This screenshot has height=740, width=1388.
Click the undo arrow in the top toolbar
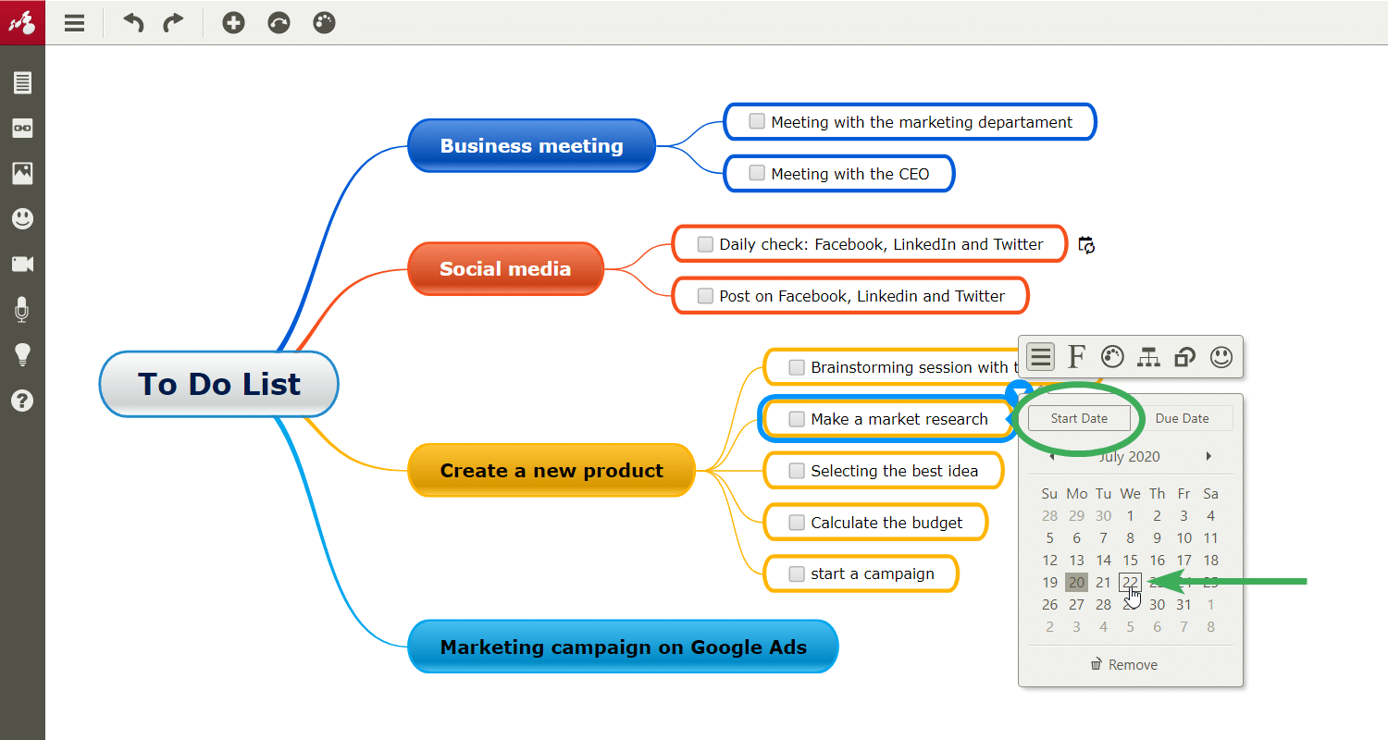(133, 23)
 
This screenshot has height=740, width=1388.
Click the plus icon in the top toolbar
(233, 23)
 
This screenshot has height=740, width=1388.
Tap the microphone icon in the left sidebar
(22, 310)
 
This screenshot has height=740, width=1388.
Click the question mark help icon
(22, 401)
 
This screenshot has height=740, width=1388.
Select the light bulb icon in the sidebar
(22, 355)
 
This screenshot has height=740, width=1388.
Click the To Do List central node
(218, 384)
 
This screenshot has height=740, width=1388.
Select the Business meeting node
(531, 145)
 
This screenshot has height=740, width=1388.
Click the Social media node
(505, 269)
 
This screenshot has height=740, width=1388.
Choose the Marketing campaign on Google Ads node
(623, 647)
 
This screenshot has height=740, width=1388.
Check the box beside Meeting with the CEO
(757, 173)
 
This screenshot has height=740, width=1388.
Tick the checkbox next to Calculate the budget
(796, 522)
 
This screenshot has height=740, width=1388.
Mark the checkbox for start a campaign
(796, 574)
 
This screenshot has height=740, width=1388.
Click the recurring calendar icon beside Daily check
(1086, 245)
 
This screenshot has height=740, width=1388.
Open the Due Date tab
(1182, 418)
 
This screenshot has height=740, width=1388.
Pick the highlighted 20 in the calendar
(1076, 582)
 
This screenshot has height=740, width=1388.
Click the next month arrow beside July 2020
(1208, 456)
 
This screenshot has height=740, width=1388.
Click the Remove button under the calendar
(1124, 664)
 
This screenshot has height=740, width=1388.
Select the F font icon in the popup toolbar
(1076, 357)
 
